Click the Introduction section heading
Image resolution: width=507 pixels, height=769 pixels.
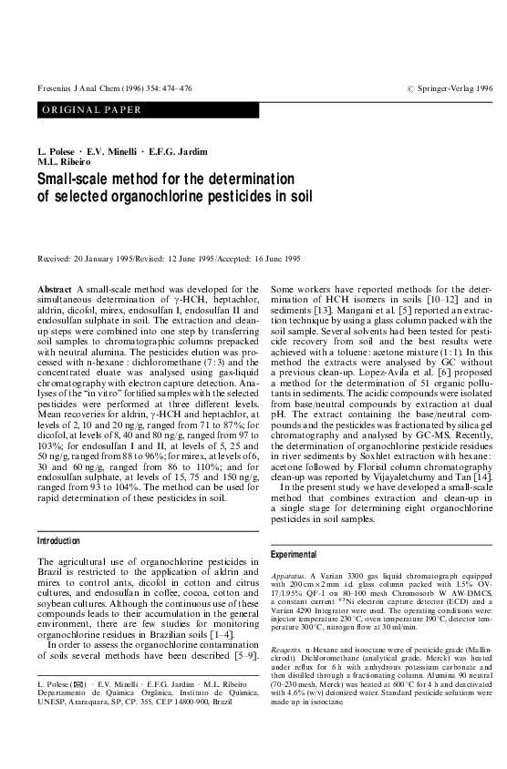click(57, 540)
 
